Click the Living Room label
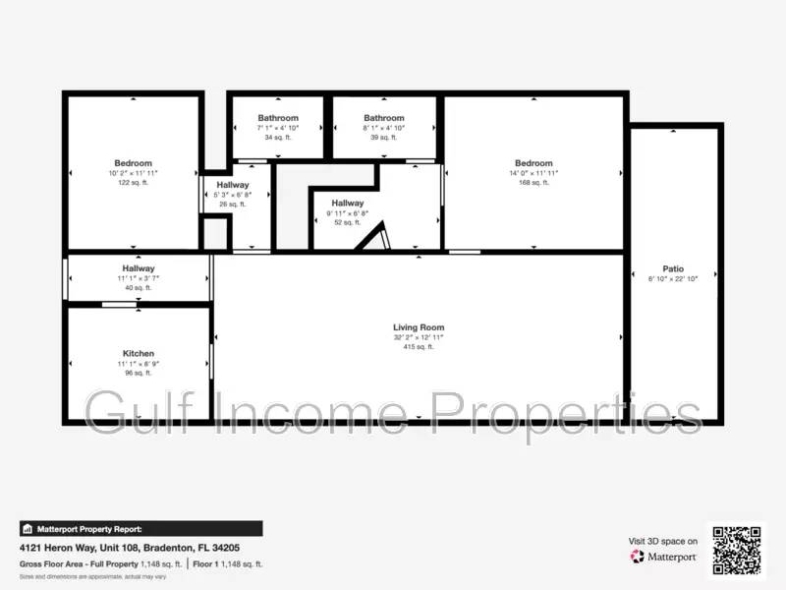419,327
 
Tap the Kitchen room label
139,353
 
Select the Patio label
673,268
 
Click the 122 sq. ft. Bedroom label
134,163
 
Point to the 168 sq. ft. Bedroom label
533,163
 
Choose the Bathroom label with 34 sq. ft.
278,118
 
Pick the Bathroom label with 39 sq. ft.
384,118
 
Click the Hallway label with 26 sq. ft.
233,185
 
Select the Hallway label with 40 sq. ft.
139,268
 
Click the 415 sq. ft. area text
419,347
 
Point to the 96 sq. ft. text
139,373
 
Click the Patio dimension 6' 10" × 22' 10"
673,279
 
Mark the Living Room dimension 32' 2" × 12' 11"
419,337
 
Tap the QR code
736,550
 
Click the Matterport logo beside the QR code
664,557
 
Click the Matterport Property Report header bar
140,528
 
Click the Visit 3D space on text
663,541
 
